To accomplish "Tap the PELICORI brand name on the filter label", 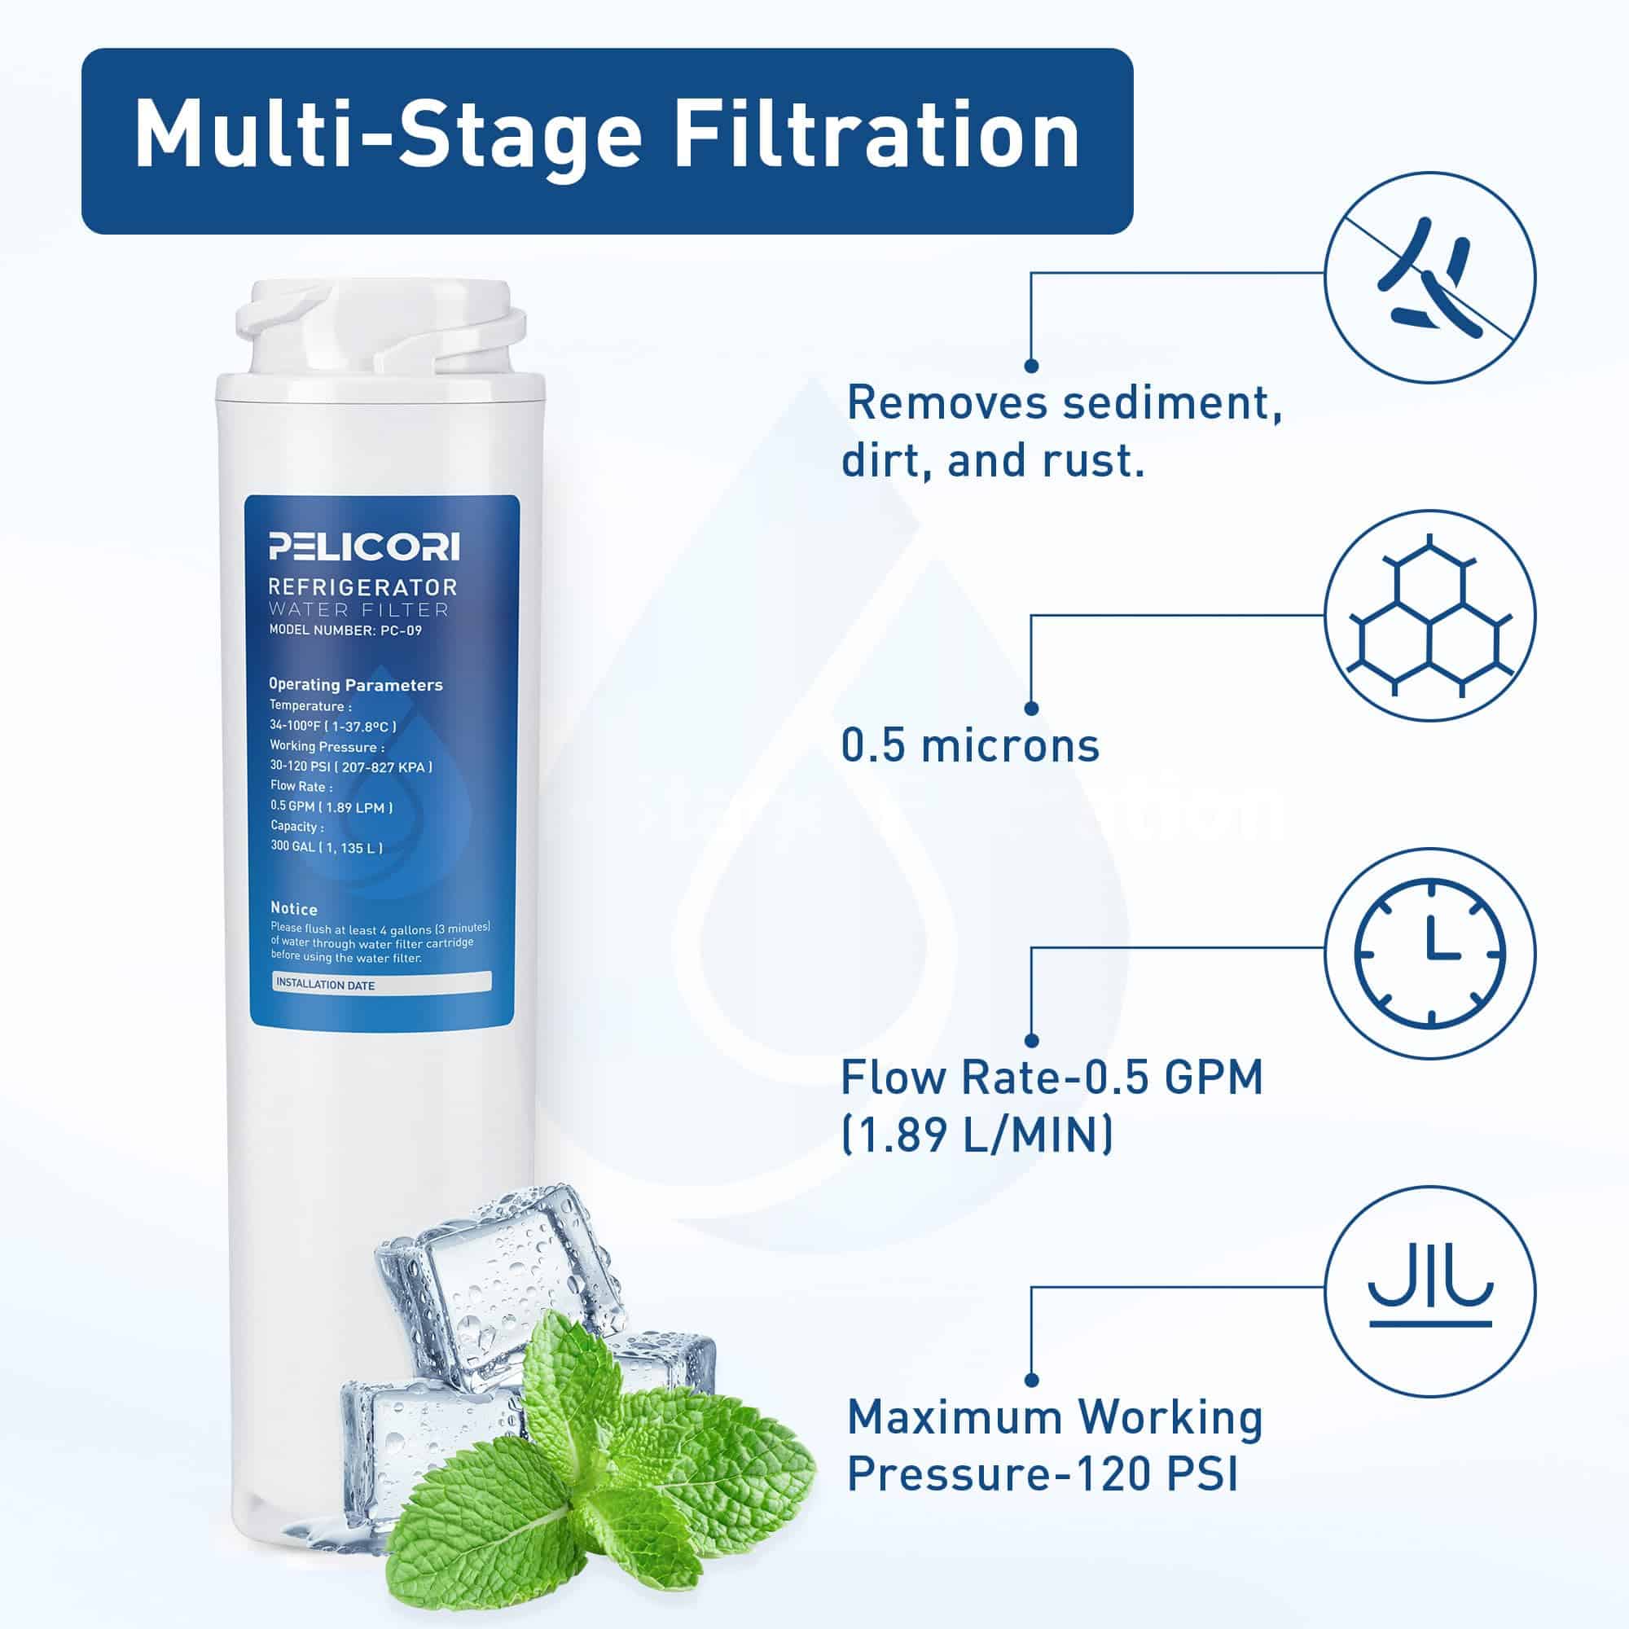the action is coord(364,547).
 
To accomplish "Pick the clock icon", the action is coord(1430,955).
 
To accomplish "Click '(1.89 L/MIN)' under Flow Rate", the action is coord(977,1134).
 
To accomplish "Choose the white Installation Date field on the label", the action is coord(383,982).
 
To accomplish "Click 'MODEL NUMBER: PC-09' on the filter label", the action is coord(345,630).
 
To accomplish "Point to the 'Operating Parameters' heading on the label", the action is coord(356,685).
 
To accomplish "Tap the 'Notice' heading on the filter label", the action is coord(293,909).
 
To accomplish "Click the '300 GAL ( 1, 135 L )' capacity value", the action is coord(327,846).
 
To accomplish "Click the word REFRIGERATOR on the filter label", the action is coord(363,586).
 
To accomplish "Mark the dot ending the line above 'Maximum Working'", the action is coord(1032,1381).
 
